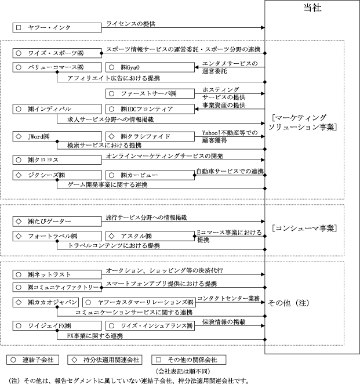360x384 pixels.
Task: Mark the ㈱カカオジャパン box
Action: point(46,302)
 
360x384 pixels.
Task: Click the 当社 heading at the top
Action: point(312,8)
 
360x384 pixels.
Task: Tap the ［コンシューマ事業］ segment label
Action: point(304,227)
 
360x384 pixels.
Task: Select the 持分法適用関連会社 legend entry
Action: point(107,360)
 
